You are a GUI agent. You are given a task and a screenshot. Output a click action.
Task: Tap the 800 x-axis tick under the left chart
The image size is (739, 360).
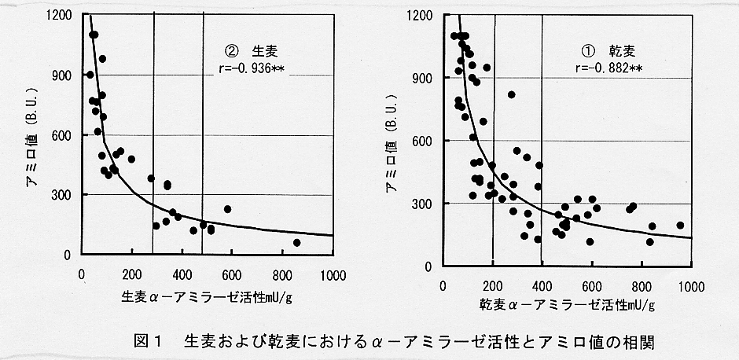tap(283, 276)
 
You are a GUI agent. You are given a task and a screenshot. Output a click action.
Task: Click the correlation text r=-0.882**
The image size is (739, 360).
tap(608, 68)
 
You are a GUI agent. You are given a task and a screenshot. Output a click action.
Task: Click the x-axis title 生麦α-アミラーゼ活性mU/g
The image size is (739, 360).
tap(202, 298)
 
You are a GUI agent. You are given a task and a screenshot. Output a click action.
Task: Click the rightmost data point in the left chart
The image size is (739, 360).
tap(296, 243)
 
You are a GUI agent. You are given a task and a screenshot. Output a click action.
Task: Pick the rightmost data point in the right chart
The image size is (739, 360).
tap(680, 226)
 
